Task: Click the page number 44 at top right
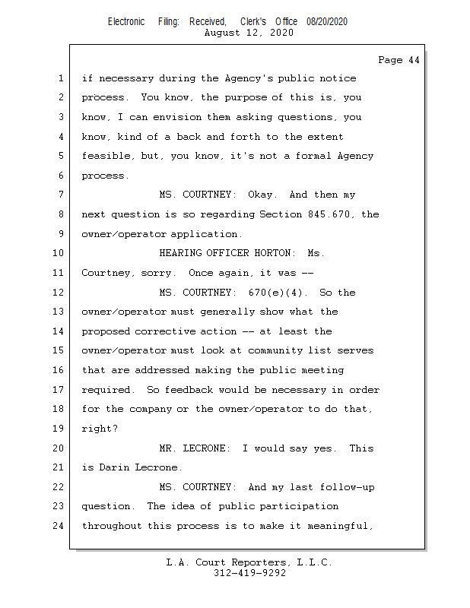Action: [414, 60]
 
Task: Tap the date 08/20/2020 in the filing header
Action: [327, 22]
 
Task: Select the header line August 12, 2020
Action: [249, 33]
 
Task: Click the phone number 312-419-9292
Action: [249, 573]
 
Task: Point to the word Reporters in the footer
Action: [259, 562]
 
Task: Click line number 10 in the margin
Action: [58, 253]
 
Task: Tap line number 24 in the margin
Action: [58, 526]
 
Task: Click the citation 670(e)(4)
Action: [275, 293]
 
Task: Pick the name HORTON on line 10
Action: [272, 253]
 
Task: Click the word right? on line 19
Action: [100, 429]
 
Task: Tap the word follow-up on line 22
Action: [347, 487]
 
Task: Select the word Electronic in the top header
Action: [126, 22]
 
